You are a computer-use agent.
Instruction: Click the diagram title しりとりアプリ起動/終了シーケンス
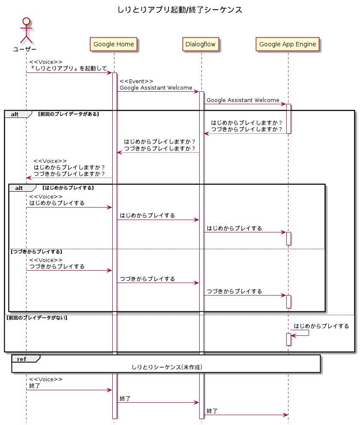tap(180, 9)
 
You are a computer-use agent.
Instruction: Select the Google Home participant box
tap(114, 44)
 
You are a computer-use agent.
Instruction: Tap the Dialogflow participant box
tap(201, 44)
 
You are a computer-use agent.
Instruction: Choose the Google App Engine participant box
tap(288, 44)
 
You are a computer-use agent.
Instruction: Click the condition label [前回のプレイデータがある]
tap(69, 114)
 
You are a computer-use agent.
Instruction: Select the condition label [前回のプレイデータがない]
tap(37, 318)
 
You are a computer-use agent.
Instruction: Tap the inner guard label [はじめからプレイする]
tap(68, 188)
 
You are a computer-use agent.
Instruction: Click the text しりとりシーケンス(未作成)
tap(167, 367)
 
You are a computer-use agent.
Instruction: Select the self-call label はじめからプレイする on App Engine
tap(321, 326)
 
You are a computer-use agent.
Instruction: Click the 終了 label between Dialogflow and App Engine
tap(212, 411)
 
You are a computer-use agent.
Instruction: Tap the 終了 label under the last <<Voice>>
tap(35, 386)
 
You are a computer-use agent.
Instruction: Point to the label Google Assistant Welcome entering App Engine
tap(243, 100)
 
